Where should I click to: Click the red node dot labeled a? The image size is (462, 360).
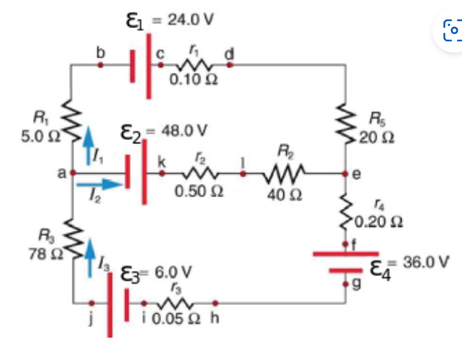tap(72, 174)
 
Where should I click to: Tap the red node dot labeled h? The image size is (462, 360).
tap(215, 302)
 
